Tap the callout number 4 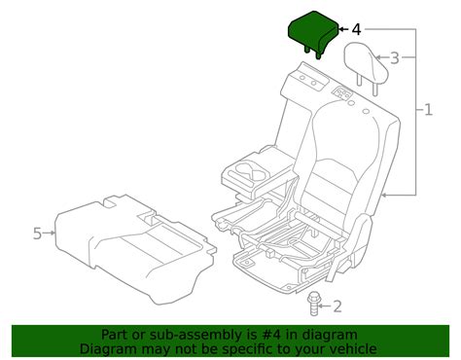coord(356,28)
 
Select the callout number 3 coord(394,58)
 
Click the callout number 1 coord(429,110)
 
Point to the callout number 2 coord(337,307)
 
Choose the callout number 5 coord(37,233)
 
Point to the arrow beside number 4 coord(342,29)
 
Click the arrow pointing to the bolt coord(326,307)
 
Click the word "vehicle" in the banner coord(349,349)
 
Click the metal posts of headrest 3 coord(371,81)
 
